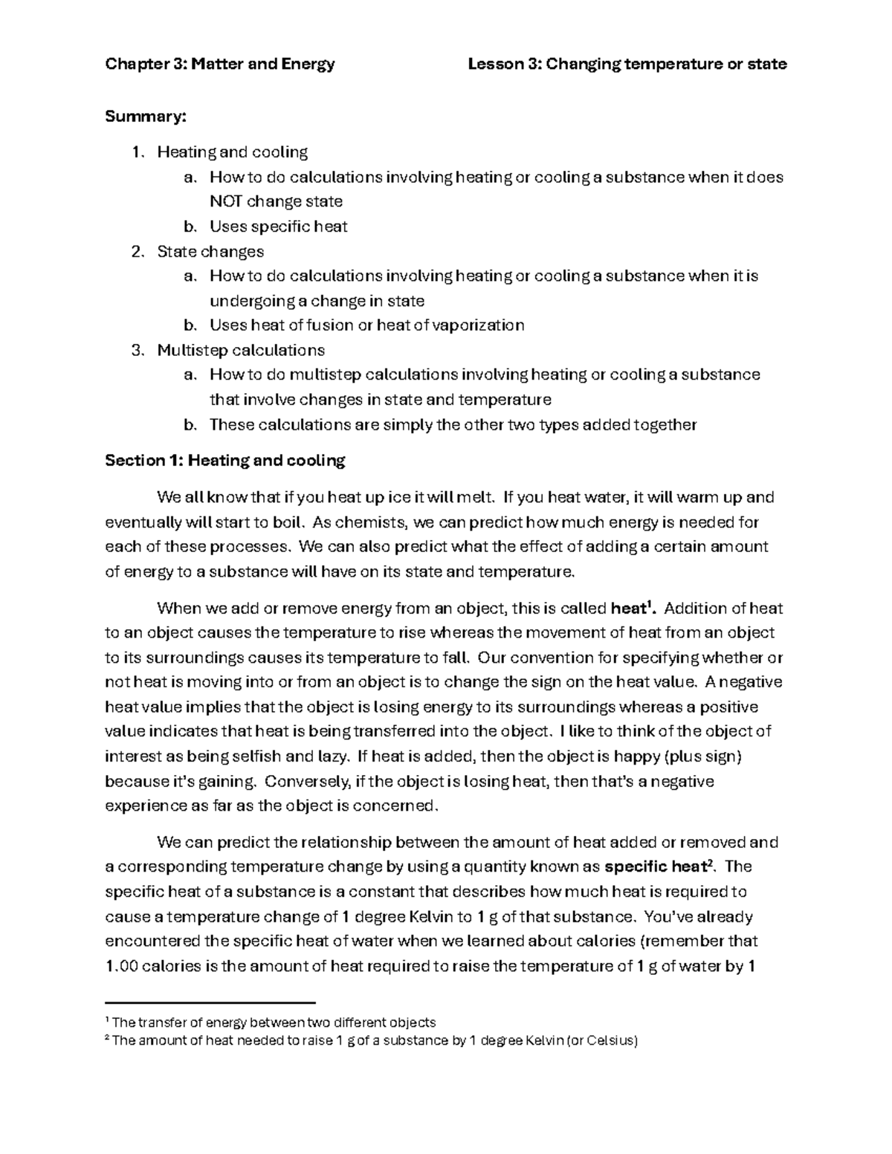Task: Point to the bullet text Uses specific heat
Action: [x=278, y=226]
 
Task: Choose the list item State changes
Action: [x=210, y=251]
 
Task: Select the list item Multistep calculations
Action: [x=241, y=349]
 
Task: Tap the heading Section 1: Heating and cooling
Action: [x=225, y=461]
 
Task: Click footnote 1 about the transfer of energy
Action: [x=273, y=1022]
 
